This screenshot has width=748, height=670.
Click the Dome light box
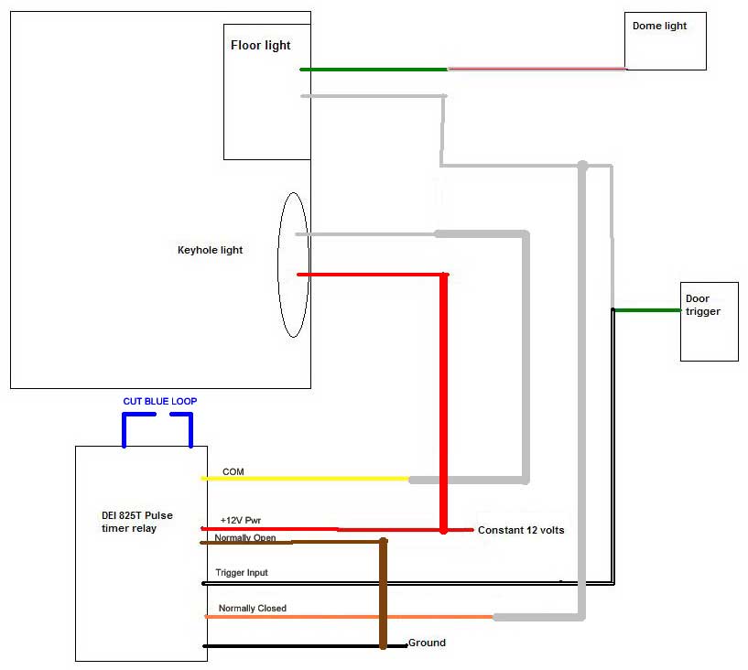[x=665, y=41]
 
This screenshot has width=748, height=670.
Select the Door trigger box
[x=709, y=321]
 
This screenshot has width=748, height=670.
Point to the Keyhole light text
[x=210, y=250]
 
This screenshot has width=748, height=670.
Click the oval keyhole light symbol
[x=293, y=265]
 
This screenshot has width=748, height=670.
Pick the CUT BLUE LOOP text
[x=160, y=402]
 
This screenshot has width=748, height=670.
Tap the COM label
[x=233, y=471]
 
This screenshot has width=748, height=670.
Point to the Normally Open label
[x=244, y=538]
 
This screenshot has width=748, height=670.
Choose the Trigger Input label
[x=242, y=573]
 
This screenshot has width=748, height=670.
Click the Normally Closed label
[x=252, y=608]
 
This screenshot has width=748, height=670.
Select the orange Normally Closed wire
[x=348, y=617]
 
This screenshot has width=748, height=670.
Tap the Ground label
[x=427, y=643]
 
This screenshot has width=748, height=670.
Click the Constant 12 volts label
[x=521, y=530]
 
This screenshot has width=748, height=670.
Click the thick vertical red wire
[x=444, y=403]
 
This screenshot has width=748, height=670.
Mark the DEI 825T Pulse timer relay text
[x=136, y=522]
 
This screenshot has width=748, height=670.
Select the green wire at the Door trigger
[x=646, y=310]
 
